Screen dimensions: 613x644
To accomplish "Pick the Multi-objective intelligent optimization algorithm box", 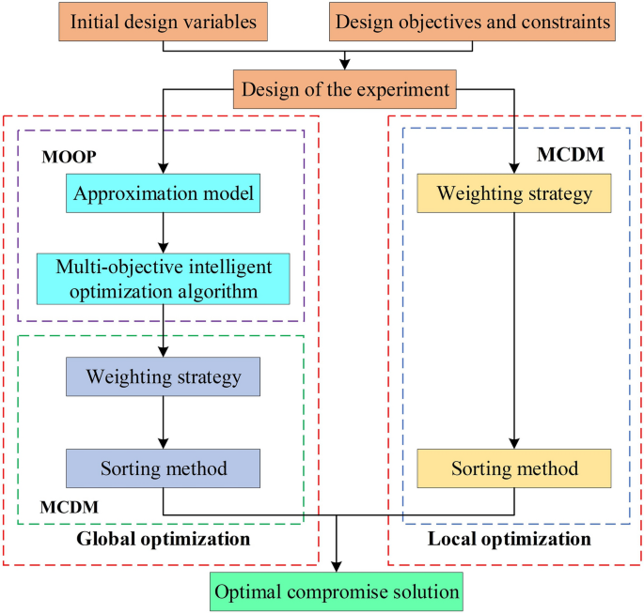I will (164, 279).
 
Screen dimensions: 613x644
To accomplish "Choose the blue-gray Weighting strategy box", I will (164, 376).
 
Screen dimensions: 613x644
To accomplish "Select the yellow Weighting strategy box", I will (514, 194).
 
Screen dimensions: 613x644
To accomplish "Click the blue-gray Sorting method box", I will (164, 467).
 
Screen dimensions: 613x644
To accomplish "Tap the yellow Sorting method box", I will (514, 467).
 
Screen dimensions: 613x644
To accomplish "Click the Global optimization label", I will (163, 539).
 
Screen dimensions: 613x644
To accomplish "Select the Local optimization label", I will (509, 539).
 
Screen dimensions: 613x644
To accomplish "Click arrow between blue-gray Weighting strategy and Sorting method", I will (164, 421).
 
